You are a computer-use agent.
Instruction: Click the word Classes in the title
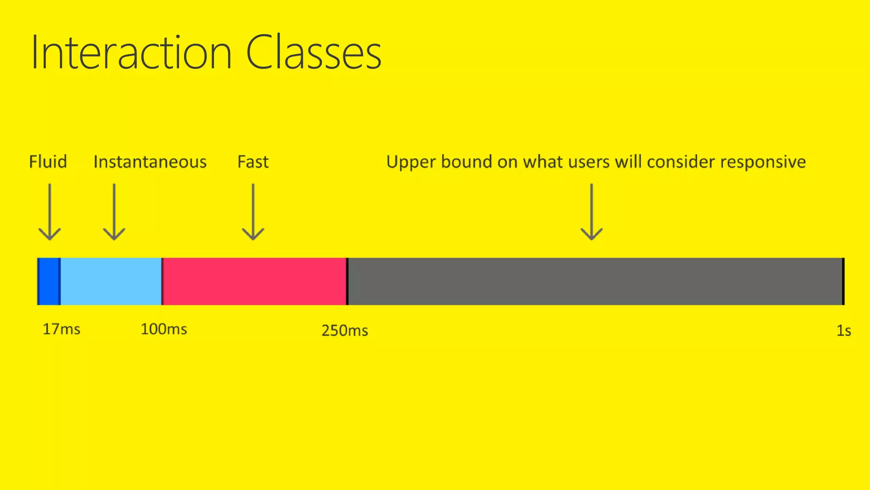pos(314,53)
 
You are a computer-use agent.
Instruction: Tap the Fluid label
pos(48,162)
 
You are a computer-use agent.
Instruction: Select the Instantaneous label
pos(150,162)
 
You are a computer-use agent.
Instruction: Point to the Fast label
pos(253,162)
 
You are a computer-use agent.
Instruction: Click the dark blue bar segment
pos(49,281)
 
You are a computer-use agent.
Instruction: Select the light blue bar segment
pos(111,281)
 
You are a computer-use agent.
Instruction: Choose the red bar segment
pos(254,281)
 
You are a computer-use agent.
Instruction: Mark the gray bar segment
pos(595,281)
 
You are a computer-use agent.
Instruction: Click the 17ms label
pos(61,329)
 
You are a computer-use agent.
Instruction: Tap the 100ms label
pos(164,329)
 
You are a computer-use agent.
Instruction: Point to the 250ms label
pos(345,330)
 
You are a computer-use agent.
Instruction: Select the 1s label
pos(843,330)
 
